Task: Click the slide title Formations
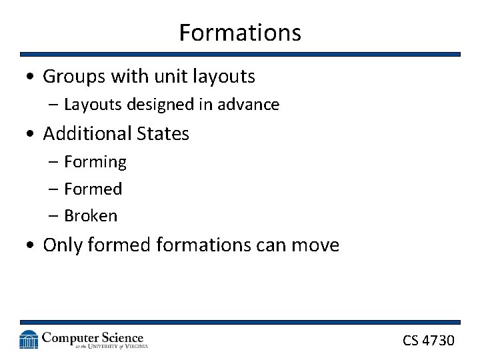240,33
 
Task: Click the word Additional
87,133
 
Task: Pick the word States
163,133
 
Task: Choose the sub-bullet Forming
95,162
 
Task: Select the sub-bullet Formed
93,189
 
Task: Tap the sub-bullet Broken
91,216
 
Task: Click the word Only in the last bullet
62,245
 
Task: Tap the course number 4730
439,341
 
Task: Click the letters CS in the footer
411,341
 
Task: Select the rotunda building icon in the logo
29,339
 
